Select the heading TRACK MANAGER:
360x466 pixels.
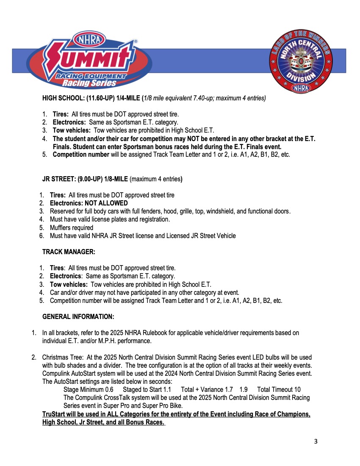tap(69, 252)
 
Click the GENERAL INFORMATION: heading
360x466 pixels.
tap(78, 317)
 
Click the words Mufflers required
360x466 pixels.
tap(72, 227)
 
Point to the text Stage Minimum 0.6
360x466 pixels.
tap(88, 390)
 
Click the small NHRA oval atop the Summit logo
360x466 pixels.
tap(89, 39)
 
